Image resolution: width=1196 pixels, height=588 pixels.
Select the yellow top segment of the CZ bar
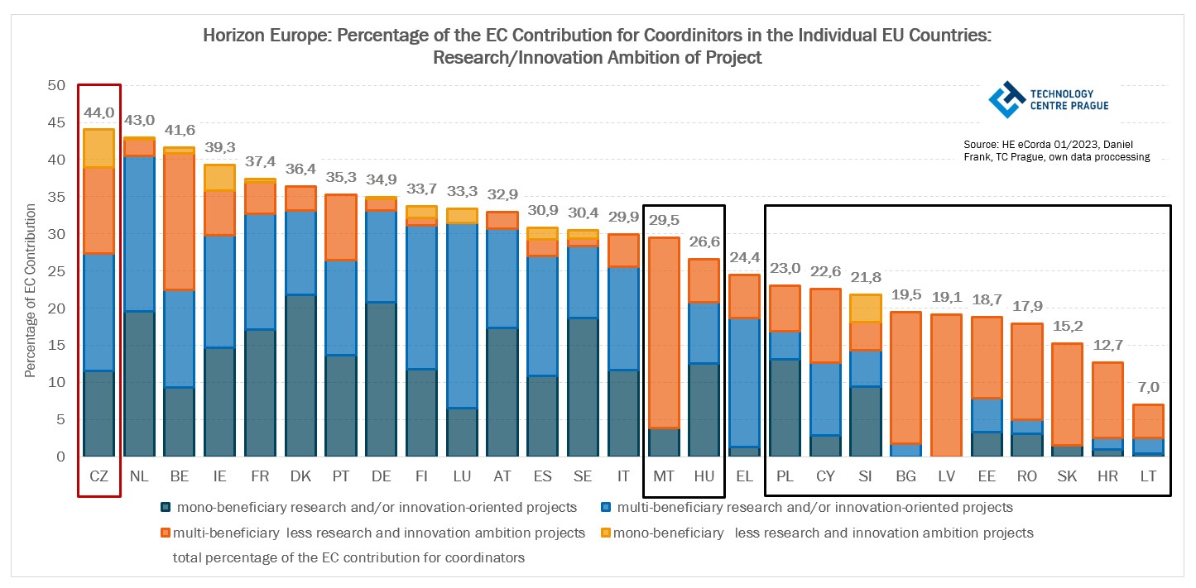(x=98, y=148)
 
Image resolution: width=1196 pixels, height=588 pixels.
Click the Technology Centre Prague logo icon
(x=1006, y=99)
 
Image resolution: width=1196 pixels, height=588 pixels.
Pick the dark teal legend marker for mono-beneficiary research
(x=166, y=507)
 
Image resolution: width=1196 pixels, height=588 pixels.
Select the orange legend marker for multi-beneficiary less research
(x=166, y=533)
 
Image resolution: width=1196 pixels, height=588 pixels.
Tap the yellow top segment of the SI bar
(x=865, y=308)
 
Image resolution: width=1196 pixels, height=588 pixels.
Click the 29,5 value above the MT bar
(x=664, y=221)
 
